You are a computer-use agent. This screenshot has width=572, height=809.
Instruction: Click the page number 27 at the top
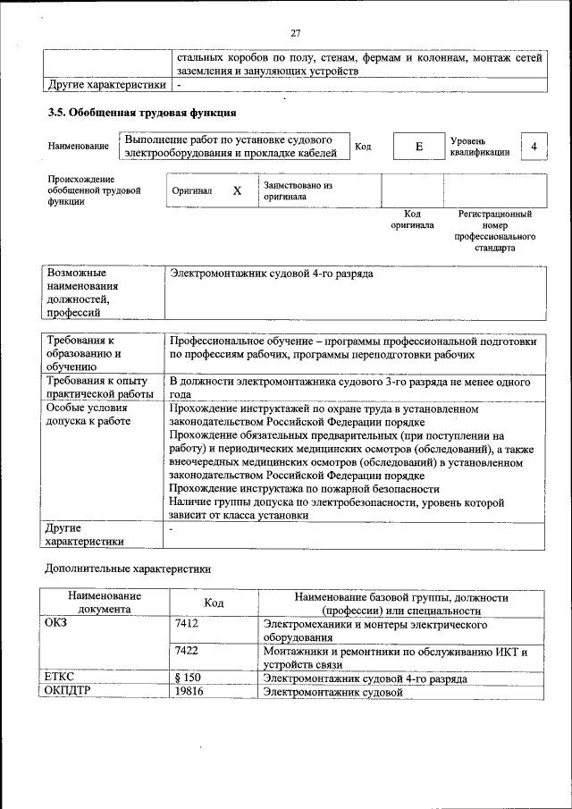tap(296, 33)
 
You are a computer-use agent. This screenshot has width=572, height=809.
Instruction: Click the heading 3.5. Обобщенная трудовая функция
tap(141, 114)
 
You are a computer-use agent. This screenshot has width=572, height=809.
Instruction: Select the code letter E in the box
tap(418, 147)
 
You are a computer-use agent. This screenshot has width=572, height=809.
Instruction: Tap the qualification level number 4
tap(534, 147)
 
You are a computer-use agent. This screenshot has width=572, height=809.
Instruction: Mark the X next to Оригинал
tap(237, 191)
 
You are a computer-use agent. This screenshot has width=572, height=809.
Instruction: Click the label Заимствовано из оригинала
tap(298, 190)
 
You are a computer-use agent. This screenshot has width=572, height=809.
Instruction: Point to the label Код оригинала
tap(412, 220)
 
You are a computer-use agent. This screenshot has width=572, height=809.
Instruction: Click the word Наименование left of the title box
tap(80, 147)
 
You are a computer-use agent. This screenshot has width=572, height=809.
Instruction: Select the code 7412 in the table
tap(187, 624)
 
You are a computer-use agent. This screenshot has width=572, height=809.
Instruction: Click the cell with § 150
tap(188, 678)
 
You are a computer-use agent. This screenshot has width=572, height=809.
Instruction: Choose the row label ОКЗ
tap(55, 624)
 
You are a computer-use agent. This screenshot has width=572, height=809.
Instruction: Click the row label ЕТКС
tap(59, 678)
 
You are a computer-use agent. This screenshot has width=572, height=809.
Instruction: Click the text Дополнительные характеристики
tap(128, 568)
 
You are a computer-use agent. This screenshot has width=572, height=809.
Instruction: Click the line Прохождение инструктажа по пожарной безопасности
tap(304, 489)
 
